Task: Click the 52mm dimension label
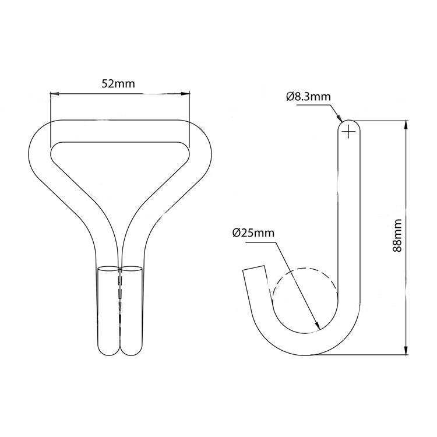[118, 83]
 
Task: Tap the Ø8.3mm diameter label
[309, 97]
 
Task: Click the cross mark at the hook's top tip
[348, 132]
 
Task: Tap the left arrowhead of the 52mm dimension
[53, 93]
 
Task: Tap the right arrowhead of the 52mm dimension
[187, 93]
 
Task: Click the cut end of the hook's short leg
[254, 271]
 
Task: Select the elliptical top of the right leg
[132, 270]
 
